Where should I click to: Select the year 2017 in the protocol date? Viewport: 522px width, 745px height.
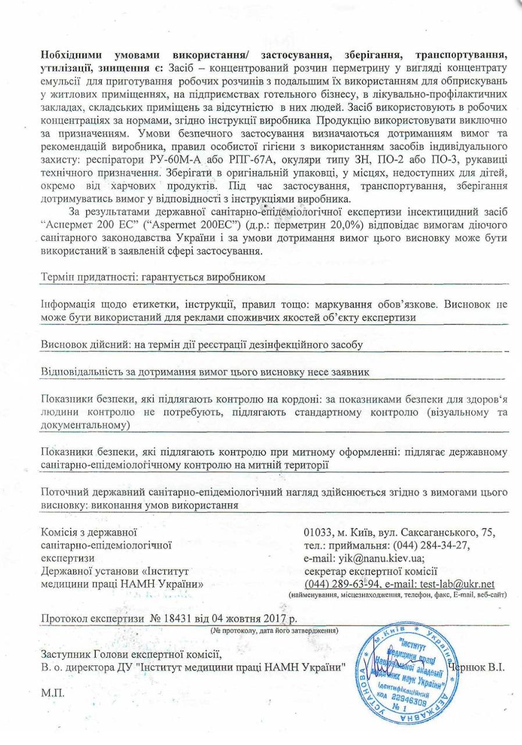[x=281, y=618]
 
